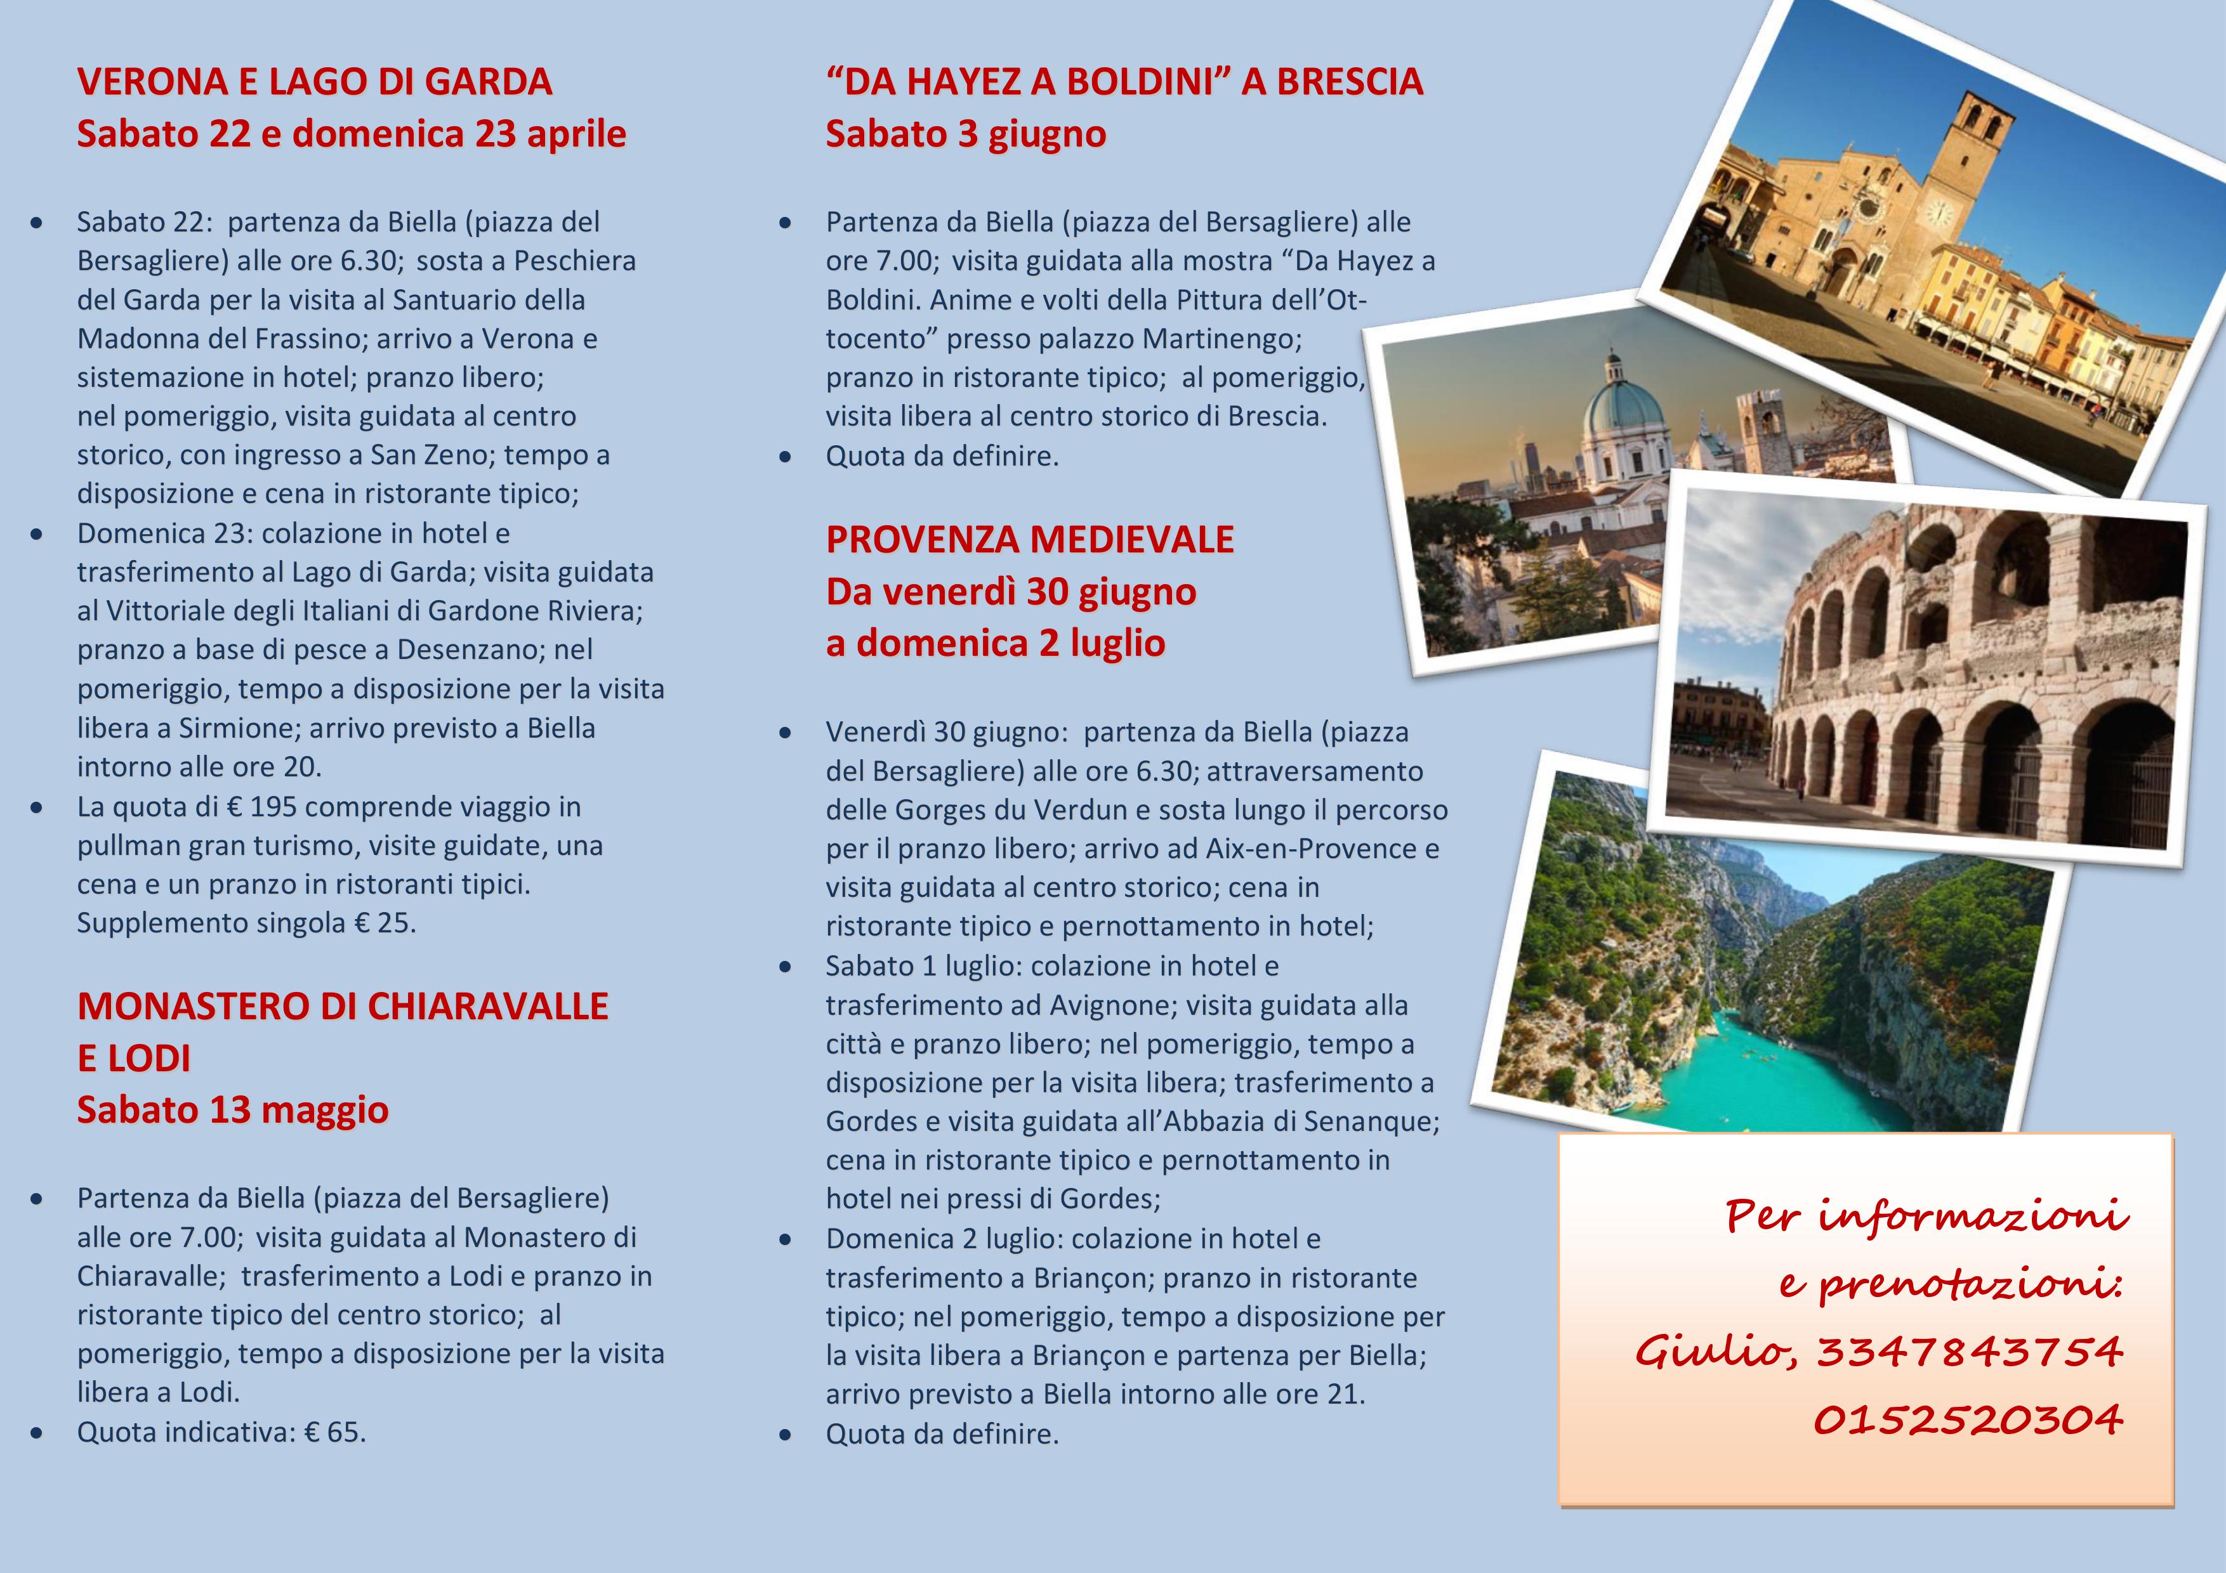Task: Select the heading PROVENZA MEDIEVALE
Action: pos(1030,540)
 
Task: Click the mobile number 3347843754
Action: pos(1969,1351)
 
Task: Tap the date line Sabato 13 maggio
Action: pos(233,1110)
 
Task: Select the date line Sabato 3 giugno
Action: pos(966,134)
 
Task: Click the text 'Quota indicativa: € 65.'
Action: pos(222,1432)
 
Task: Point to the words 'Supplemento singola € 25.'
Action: pos(246,923)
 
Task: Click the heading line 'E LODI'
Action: pos(134,1059)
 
